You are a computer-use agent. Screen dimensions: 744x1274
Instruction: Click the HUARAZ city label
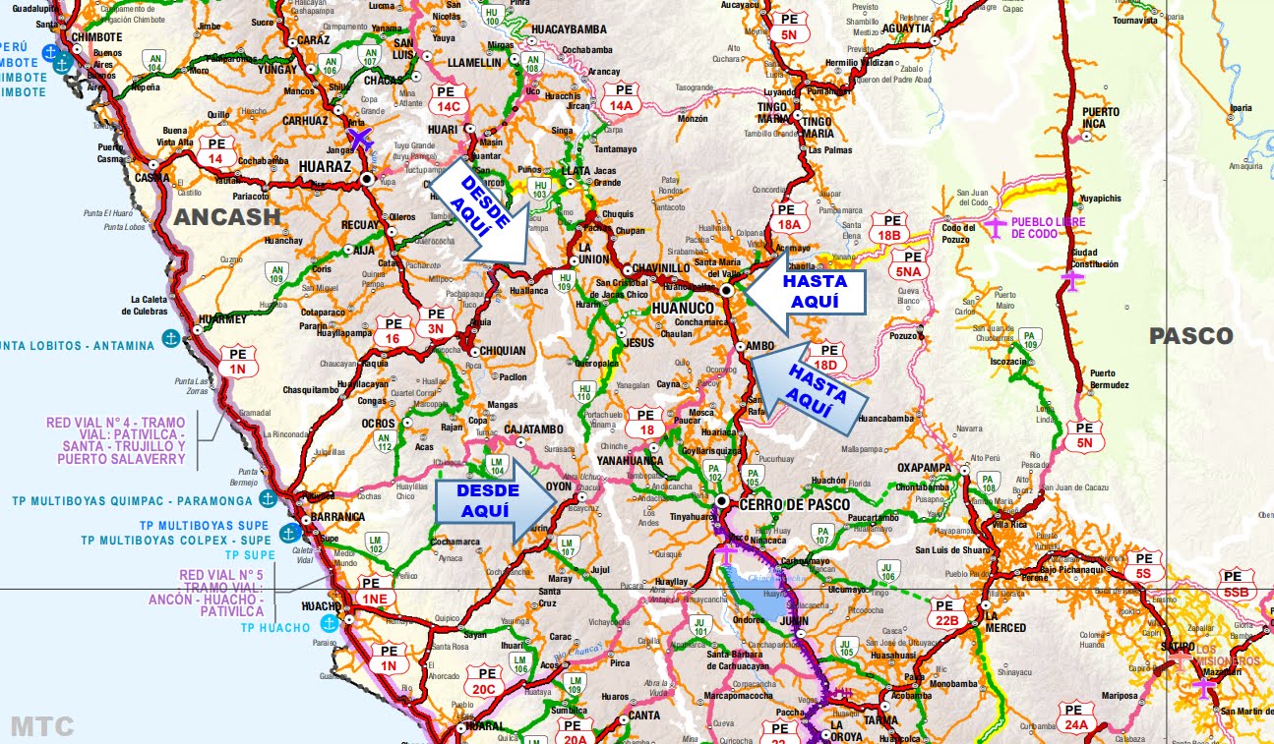click(325, 168)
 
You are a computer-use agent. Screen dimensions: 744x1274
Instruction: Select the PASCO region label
click(1190, 336)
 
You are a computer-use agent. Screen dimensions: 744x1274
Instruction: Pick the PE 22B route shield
click(946, 612)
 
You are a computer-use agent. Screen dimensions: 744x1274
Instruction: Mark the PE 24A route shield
click(1076, 716)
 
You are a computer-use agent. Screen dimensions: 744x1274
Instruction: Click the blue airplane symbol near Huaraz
click(361, 139)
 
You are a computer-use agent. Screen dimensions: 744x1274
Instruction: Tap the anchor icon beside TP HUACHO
click(329, 623)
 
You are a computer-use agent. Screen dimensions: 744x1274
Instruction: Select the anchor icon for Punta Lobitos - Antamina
click(170, 339)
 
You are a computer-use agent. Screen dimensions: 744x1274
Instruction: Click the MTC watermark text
click(41, 726)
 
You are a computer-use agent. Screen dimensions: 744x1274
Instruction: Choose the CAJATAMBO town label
click(533, 429)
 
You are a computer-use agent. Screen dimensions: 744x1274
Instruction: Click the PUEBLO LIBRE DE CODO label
click(1049, 227)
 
